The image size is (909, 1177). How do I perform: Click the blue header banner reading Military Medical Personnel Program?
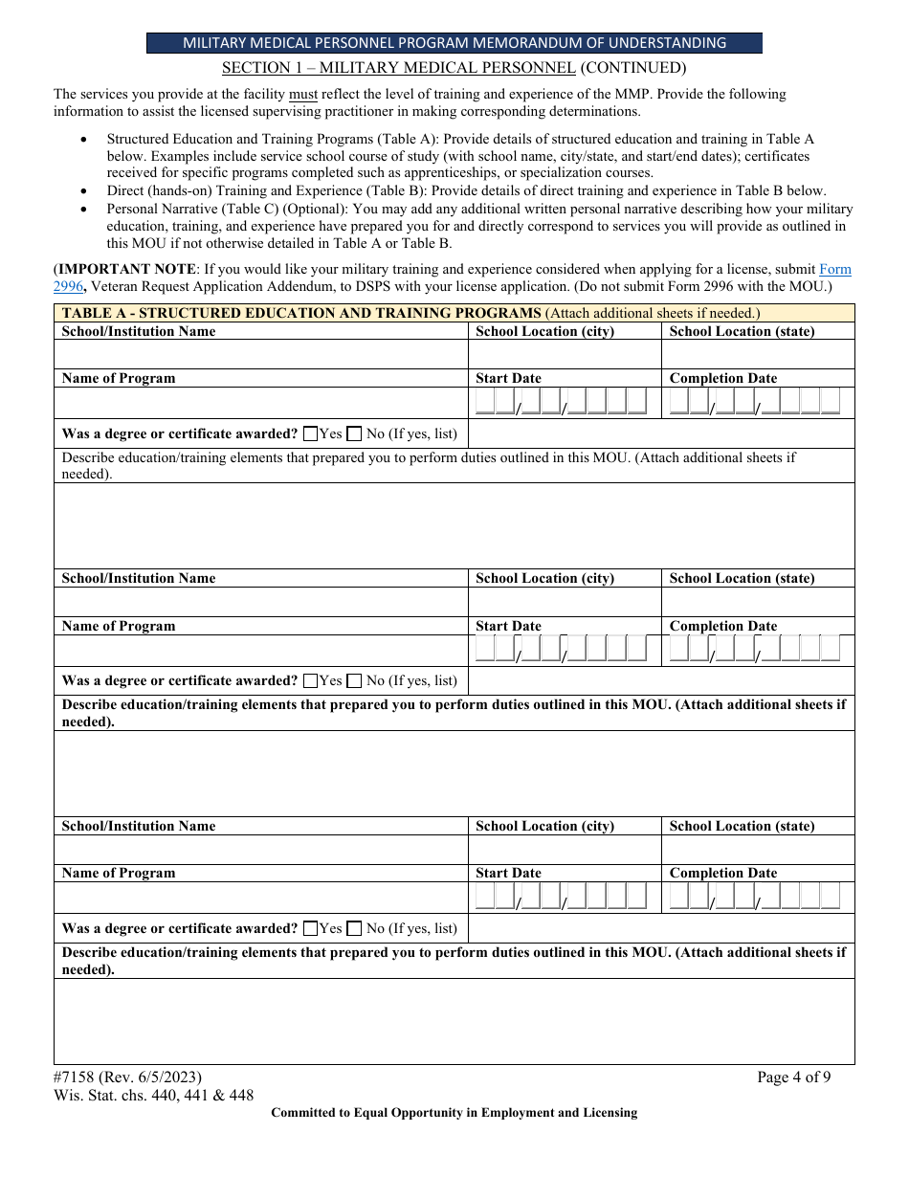(454, 43)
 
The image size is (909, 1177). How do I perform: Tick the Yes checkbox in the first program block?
(310, 433)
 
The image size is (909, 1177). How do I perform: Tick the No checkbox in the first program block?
(354, 433)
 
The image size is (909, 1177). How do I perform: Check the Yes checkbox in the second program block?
(310, 681)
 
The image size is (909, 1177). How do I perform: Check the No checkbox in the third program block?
(354, 928)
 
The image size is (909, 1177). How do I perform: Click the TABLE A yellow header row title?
(301, 313)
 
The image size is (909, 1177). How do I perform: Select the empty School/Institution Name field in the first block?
(260, 354)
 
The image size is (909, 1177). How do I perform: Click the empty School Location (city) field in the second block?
(565, 602)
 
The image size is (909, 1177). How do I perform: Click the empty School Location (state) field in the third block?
(758, 850)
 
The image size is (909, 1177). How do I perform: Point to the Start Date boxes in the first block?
(562, 402)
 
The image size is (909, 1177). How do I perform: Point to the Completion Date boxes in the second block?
(755, 650)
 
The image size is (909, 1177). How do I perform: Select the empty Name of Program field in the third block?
(260, 898)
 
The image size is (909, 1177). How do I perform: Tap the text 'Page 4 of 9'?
(793, 1077)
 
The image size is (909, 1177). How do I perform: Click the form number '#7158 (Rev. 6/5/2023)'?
(127, 1077)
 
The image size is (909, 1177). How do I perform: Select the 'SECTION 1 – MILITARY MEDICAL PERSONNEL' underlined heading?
(399, 68)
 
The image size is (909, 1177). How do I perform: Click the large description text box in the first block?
(454, 525)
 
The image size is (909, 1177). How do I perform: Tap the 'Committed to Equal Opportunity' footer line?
(454, 1113)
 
